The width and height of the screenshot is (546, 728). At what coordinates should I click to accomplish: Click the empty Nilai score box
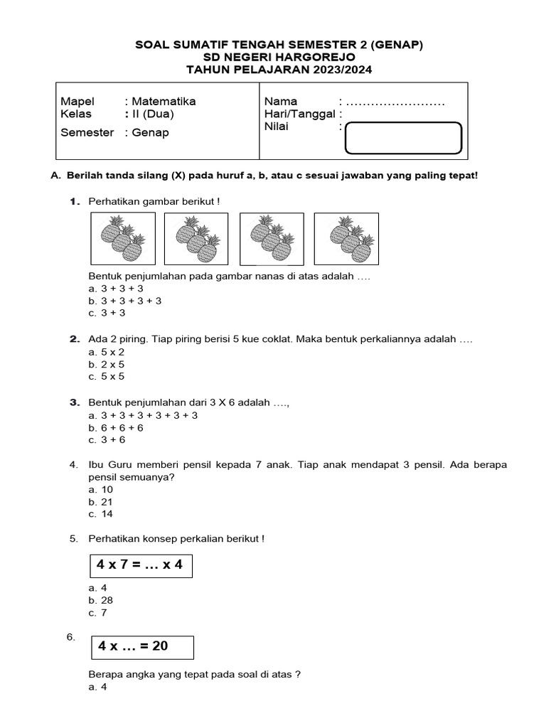point(403,138)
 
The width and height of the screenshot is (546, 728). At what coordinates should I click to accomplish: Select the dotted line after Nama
point(395,102)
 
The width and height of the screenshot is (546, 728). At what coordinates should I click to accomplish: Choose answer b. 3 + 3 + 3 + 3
point(125,301)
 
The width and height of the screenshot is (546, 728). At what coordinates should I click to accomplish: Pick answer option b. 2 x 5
point(107,364)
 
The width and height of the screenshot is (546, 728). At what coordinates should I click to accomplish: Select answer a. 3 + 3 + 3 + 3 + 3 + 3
point(143,415)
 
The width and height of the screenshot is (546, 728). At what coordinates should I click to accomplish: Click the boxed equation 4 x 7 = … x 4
point(140,565)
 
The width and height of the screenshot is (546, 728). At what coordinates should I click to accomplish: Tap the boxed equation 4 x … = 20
point(142,646)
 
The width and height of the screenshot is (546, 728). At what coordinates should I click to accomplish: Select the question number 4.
point(73,465)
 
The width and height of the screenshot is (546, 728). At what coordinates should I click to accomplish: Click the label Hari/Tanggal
point(299,114)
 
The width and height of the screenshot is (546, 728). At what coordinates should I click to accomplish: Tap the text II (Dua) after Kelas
point(152,114)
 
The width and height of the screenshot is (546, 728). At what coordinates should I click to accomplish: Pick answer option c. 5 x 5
point(107,376)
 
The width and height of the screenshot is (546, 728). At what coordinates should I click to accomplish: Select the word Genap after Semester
point(151,132)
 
